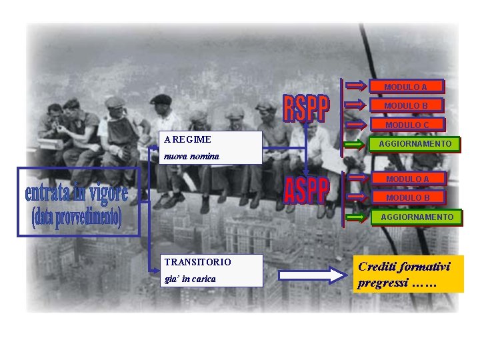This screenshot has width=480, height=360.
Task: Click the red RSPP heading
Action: pyautogui.click(x=306, y=109)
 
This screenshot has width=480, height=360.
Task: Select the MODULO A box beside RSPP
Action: pyautogui.click(x=405, y=87)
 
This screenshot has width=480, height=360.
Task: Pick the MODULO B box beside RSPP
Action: pyautogui.click(x=405, y=105)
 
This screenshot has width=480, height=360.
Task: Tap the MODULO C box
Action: pyautogui.click(x=407, y=125)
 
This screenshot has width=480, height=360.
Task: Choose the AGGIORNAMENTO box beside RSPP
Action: pyautogui.click(x=415, y=144)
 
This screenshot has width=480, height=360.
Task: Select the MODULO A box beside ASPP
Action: pyautogui.click(x=407, y=179)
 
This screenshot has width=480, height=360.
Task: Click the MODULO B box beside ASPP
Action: pyautogui.click(x=407, y=197)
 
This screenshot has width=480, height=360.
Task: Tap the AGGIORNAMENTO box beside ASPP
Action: pyautogui.click(x=417, y=217)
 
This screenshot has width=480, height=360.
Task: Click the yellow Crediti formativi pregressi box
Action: pyautogui.click(x=408, y=274)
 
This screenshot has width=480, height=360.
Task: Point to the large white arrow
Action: pyautogui.click(x=309, y=275)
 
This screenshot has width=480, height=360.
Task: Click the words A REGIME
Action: pyautogui.click(x=188, y=139)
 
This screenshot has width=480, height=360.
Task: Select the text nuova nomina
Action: pyautogui.click(x=192, y=156)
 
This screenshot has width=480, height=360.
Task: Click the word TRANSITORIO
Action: pyautogui.click(x=198, y=263)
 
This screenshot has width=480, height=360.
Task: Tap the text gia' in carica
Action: pyautogui.click(x=191, y=279)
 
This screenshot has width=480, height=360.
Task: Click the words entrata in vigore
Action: pyautogui.click(x=76, y=193)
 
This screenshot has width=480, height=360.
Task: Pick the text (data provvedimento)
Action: pyautogui.click(x=76, y=217)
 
